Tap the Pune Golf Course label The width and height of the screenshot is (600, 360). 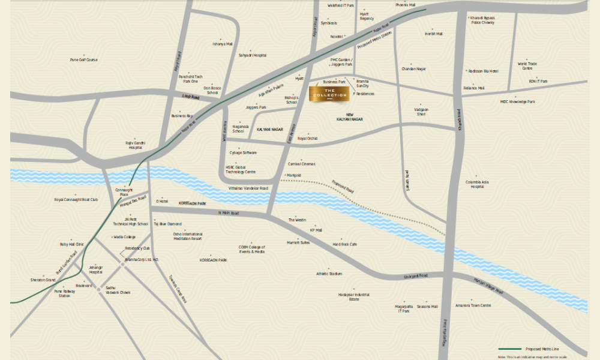[x=83, y=60]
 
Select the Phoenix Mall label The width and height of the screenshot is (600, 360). [x=405, y=5]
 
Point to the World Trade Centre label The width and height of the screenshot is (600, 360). [x=527, y=65]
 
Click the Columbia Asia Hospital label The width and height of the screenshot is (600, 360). [x=477, y=184]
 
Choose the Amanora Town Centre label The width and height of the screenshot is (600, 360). [x=473, y=305]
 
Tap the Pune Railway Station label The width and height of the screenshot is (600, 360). [x=64, y=293]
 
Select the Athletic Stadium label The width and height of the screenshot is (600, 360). [x=329, y=274]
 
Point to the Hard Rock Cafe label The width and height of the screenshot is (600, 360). [x=345, y=244]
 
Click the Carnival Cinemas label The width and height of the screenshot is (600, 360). [x=301, y=164]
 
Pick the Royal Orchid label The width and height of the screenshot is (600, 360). [x=307, y=139]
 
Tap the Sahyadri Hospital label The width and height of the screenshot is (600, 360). [x=253, y=55]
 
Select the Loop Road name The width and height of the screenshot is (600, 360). [x=190, y=96]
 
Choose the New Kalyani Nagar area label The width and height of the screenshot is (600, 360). [x=350, y=118]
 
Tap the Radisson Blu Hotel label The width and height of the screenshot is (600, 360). [x=484, y=71]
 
